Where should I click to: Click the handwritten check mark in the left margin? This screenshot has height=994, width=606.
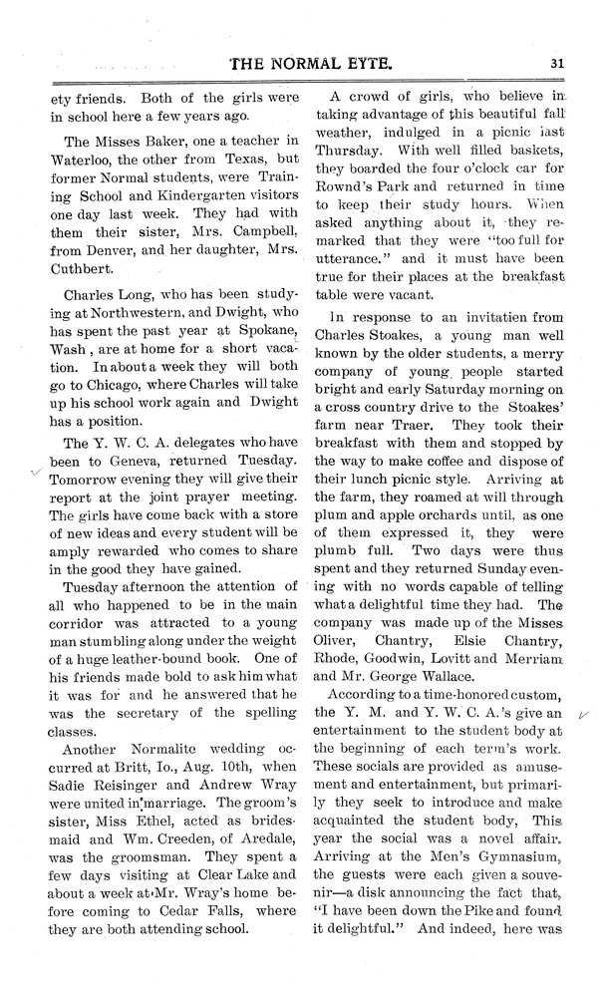[36, 475]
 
